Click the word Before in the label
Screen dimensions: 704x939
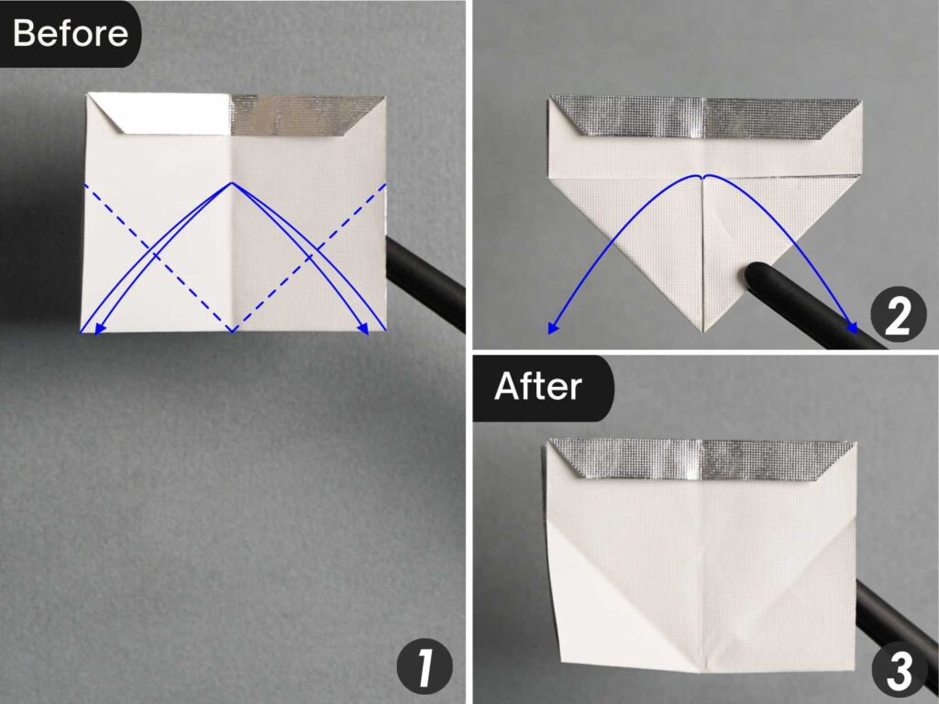tap(71, 33)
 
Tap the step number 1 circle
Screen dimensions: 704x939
tap(425, 668)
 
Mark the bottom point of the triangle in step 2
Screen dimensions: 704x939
tap(703, 329)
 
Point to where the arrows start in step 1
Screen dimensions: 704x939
tap(233, 183)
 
